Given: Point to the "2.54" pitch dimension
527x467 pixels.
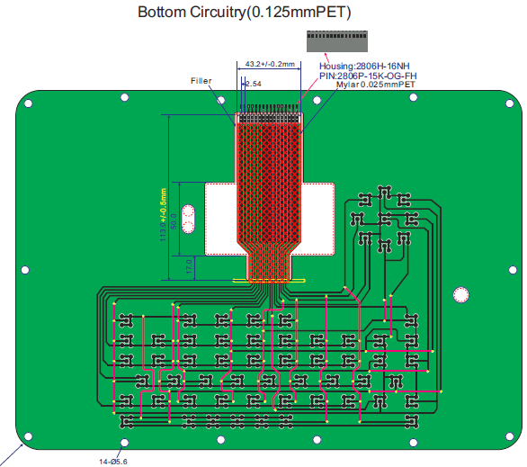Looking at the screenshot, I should click(x=253, y=84).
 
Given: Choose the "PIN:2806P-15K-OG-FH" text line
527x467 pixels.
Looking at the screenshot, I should click(x=368, y=76).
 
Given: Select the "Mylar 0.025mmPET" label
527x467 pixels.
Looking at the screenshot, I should click(x=375, y=85).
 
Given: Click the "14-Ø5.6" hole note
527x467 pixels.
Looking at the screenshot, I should click(x=114, y=461).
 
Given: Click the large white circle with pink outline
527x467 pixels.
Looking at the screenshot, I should click(x=461, y=295).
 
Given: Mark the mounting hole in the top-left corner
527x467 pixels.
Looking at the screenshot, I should click(x=28, y=103).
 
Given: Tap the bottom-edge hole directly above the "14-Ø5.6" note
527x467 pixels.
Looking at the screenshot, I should click(x=124, y=442).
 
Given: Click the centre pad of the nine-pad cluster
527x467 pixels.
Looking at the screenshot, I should click(x=384, y=218).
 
